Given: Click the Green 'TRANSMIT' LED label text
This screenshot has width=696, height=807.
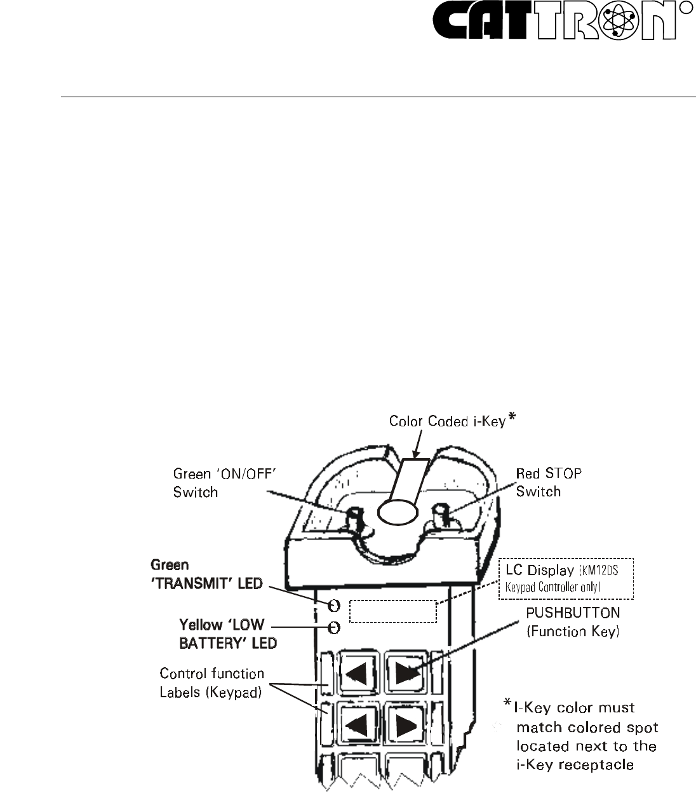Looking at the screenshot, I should [206, 574].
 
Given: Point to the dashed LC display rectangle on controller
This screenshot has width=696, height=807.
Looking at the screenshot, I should [394, 611].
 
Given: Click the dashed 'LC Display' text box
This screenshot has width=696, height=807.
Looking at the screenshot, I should [566, 578].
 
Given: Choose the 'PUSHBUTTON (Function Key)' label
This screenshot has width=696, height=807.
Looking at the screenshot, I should [572, 623].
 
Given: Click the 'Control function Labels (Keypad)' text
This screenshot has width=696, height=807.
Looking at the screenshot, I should [211, 682].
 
